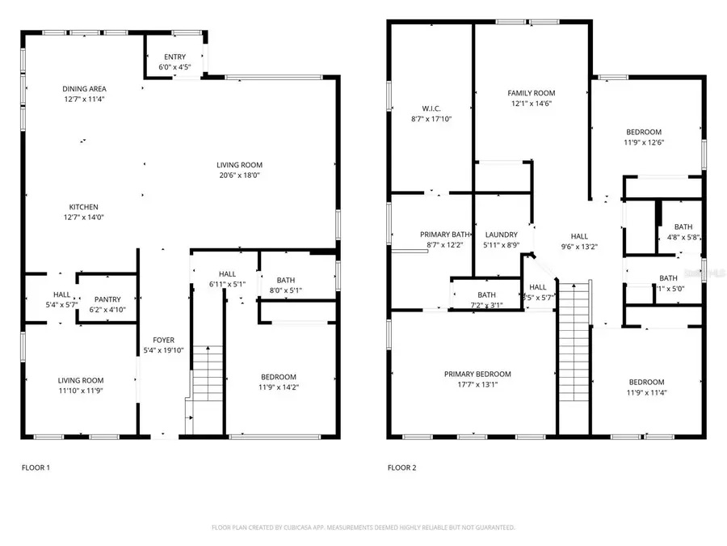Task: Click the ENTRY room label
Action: [x=174, y=57]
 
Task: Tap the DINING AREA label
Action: [x=85, y=89]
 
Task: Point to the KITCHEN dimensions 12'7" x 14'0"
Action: [x=85, y=217]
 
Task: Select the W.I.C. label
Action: [x=430, y=108]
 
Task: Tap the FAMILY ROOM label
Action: [x=531, y=93]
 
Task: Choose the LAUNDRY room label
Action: [x=500, y=235]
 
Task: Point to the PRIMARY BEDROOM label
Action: [x=477, y=374]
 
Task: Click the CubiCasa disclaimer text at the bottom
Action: [x=363, y=527]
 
